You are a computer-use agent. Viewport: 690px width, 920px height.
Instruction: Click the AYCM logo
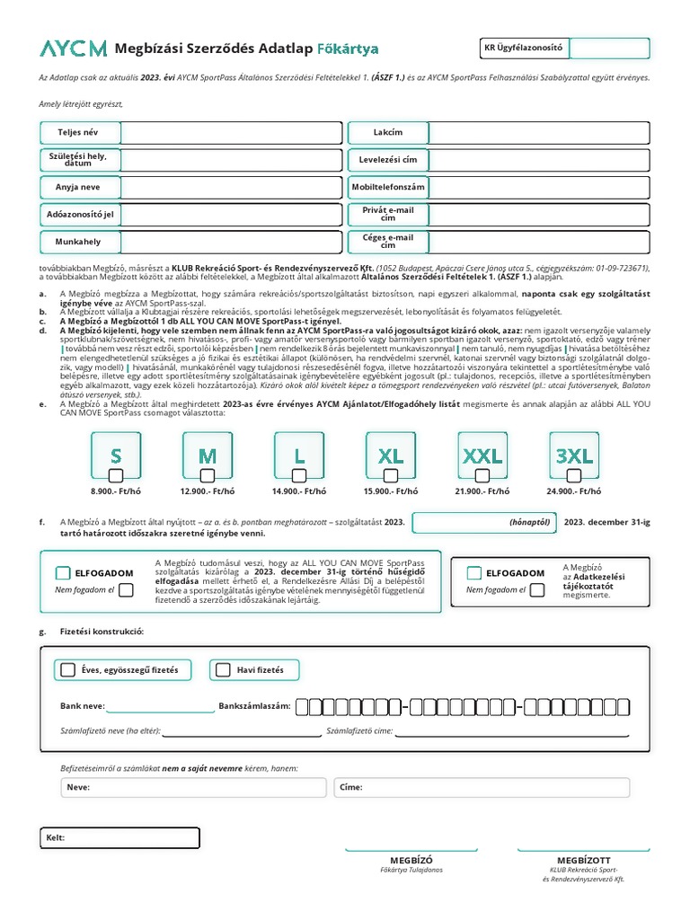click(x=73, y=49)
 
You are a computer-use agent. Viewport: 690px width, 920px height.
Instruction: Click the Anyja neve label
click(x=78, y=188)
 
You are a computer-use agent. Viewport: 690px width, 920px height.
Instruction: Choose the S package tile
click(x=116, y=456)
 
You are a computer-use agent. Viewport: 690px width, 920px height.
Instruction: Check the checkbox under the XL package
click(x=391, y=475)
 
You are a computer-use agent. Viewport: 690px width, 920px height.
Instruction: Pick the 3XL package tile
click(x=574, y=456)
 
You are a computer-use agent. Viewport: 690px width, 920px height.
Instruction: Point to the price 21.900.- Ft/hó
click(x=482, y=491)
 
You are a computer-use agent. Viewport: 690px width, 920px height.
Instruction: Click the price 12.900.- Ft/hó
click(x=208, y=491)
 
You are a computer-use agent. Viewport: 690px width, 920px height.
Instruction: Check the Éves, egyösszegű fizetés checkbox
click(x=68, y=669)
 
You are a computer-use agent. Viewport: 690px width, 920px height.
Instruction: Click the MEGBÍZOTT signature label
click(x=583, y=860)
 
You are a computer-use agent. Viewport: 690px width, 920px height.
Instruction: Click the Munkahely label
click(x=78, y=242)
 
